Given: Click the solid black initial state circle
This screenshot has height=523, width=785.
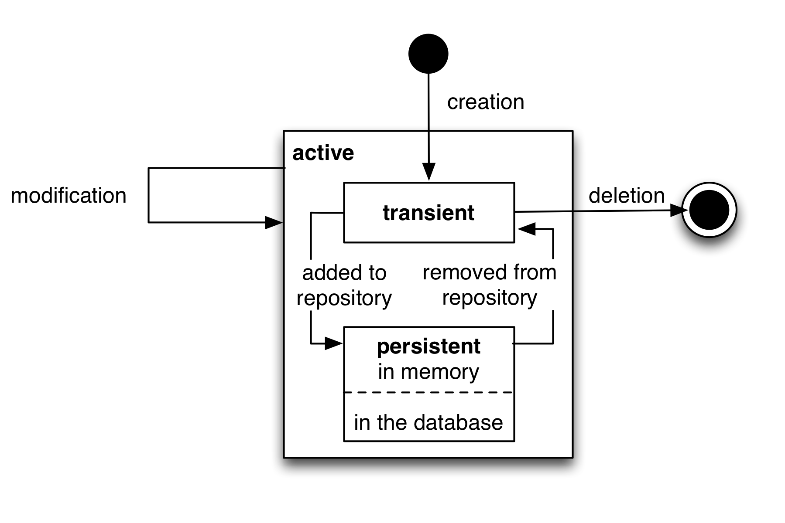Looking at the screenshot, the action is (428, 54).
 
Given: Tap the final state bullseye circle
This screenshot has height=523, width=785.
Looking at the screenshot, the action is (709, 210).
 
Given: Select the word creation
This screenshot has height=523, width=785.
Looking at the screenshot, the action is (486, 102).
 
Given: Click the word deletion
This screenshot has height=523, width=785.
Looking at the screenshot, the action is (627, 195).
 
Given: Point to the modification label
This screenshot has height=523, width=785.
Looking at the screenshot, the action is (69, 195).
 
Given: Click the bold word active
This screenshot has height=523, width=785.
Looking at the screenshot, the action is (323, 153).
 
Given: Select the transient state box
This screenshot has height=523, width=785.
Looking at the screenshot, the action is (429, 212).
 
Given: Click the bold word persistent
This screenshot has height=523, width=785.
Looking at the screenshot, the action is (428, 346).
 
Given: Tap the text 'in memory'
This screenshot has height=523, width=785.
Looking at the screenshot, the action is (428, 372).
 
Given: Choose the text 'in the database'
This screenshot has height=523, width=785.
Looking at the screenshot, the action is (428, 422).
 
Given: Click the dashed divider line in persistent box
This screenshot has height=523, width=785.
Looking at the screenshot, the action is (429, 392).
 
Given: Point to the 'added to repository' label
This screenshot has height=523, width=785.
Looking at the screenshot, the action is (344, 285).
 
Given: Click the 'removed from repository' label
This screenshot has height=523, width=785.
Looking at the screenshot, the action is (490, 285).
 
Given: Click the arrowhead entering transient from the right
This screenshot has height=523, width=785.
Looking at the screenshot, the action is (527, 229).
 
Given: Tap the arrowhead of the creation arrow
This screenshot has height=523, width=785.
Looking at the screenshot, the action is (428, 172).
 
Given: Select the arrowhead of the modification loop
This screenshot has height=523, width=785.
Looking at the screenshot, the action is (274, 223).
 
